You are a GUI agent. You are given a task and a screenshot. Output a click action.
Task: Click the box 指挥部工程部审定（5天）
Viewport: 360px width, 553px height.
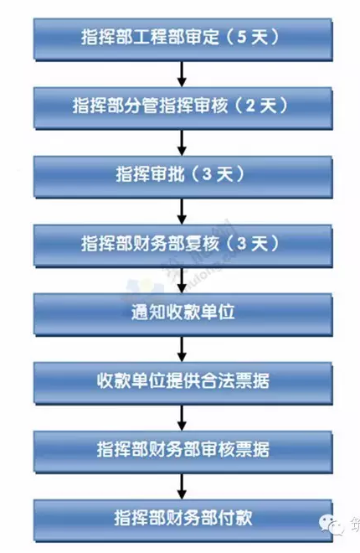click(183, 39)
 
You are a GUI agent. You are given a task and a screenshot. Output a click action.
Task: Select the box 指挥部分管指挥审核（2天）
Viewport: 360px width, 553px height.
click(183, 108)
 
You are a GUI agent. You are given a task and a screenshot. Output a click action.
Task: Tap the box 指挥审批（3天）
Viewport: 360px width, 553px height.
click(183, 177)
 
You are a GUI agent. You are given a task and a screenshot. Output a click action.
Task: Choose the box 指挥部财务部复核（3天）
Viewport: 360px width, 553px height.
click(183, 245)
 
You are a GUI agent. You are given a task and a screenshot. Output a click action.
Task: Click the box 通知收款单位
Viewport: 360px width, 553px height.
click(183, 314)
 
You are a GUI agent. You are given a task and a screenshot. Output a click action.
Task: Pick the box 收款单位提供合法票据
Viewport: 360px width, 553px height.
click(183, 383)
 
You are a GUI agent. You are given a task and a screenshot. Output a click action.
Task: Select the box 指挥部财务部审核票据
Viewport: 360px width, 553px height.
click(183, 452)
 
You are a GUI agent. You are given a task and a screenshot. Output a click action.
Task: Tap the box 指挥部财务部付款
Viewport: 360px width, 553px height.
click(183, 520)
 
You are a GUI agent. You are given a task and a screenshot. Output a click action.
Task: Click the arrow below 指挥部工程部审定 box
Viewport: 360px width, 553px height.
click(182, 74)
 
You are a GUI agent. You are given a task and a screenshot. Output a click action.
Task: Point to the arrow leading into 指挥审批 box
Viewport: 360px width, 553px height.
click(182, 142)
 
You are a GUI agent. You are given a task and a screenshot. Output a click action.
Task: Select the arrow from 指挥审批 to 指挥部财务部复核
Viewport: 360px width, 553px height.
click(182, 211)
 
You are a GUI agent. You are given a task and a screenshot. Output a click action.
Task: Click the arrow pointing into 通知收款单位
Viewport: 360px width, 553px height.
click(182, 280)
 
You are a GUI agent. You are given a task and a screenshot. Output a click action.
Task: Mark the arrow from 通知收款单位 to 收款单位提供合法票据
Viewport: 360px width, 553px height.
click(182, 349)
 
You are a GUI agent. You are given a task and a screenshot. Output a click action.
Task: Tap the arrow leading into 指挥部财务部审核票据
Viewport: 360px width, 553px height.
click(182, 417)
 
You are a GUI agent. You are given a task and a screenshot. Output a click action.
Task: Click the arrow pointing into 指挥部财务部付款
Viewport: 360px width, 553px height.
click(182, 486)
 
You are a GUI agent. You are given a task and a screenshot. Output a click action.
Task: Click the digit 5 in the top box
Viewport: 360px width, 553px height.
click(242, 37)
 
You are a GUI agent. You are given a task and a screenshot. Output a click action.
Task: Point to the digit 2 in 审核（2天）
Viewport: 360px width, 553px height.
click(250, 106)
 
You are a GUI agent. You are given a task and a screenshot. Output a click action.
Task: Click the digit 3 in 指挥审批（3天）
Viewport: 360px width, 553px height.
click(207, 174)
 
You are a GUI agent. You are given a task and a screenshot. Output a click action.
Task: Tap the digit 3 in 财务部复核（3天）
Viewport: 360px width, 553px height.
click(242, 243)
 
